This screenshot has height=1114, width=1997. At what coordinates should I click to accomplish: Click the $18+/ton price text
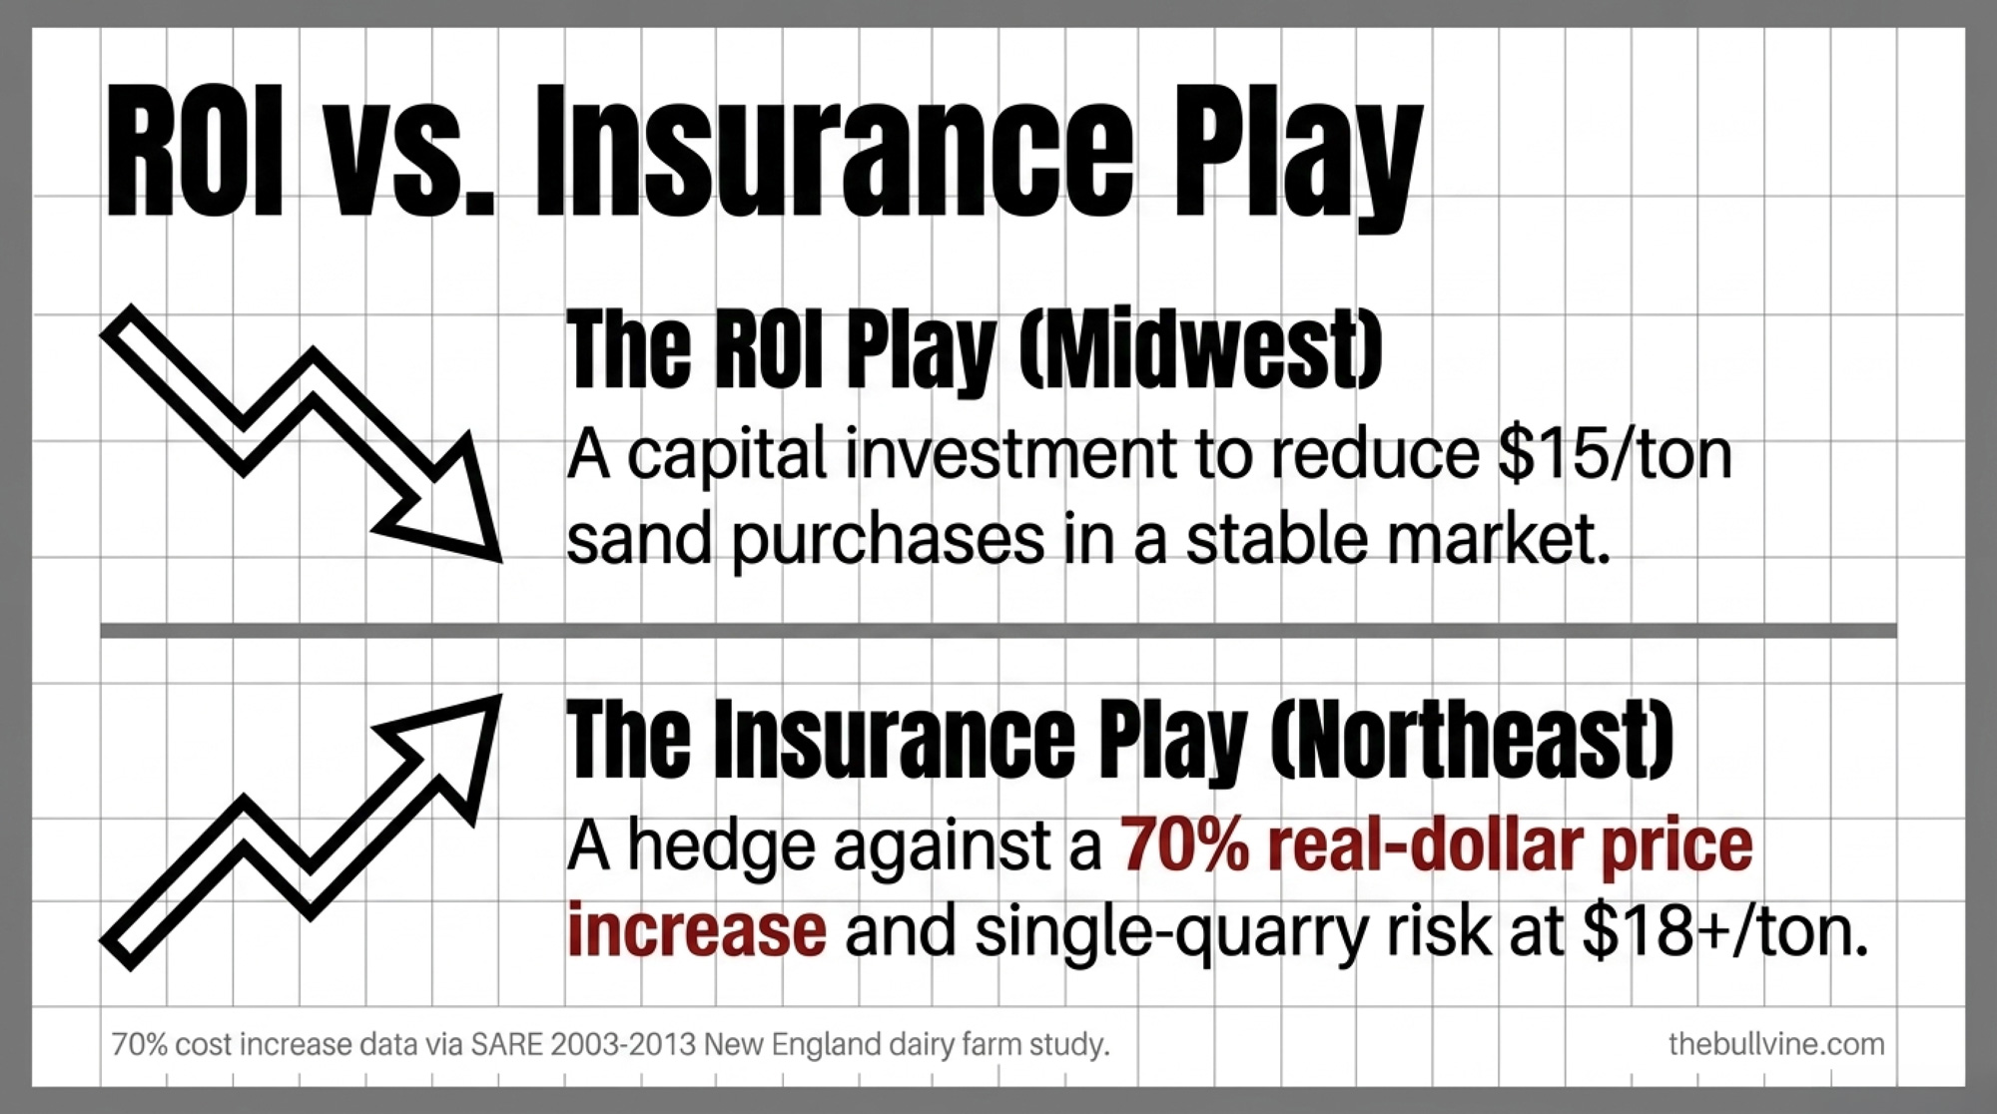coord(1724,930)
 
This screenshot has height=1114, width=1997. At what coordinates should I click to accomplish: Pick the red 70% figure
coord(1184,845)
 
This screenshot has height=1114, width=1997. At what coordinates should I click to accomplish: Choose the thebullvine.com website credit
coord(1776,1044)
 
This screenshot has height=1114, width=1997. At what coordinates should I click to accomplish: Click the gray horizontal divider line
coord(998,630)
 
